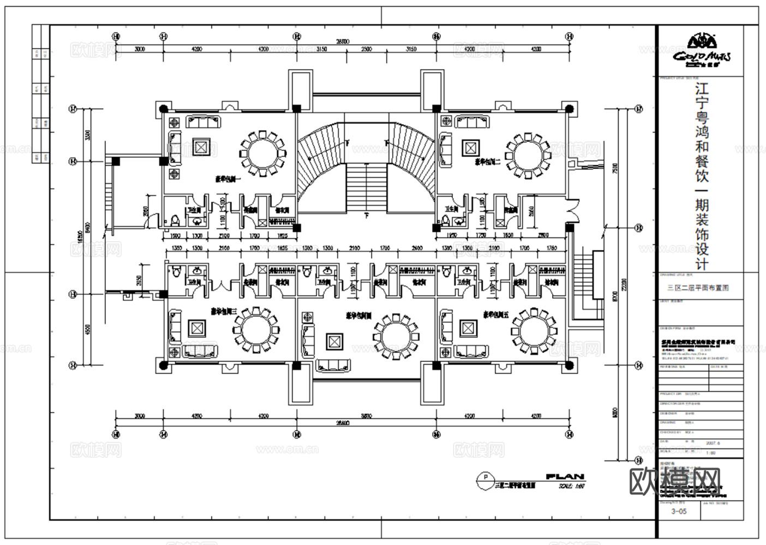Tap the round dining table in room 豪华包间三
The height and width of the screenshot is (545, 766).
[256, 329]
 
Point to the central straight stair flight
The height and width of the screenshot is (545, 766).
[367, 186]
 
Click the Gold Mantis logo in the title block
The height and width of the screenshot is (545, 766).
[701, 49]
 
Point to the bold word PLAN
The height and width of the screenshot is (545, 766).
[565, 476]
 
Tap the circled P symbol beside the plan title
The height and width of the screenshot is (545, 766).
[483, 478]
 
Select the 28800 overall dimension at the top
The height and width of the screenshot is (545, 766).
[342, 41]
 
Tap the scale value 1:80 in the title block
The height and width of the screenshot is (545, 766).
[711, 452]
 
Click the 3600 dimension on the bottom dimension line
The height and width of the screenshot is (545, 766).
[366, 416]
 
